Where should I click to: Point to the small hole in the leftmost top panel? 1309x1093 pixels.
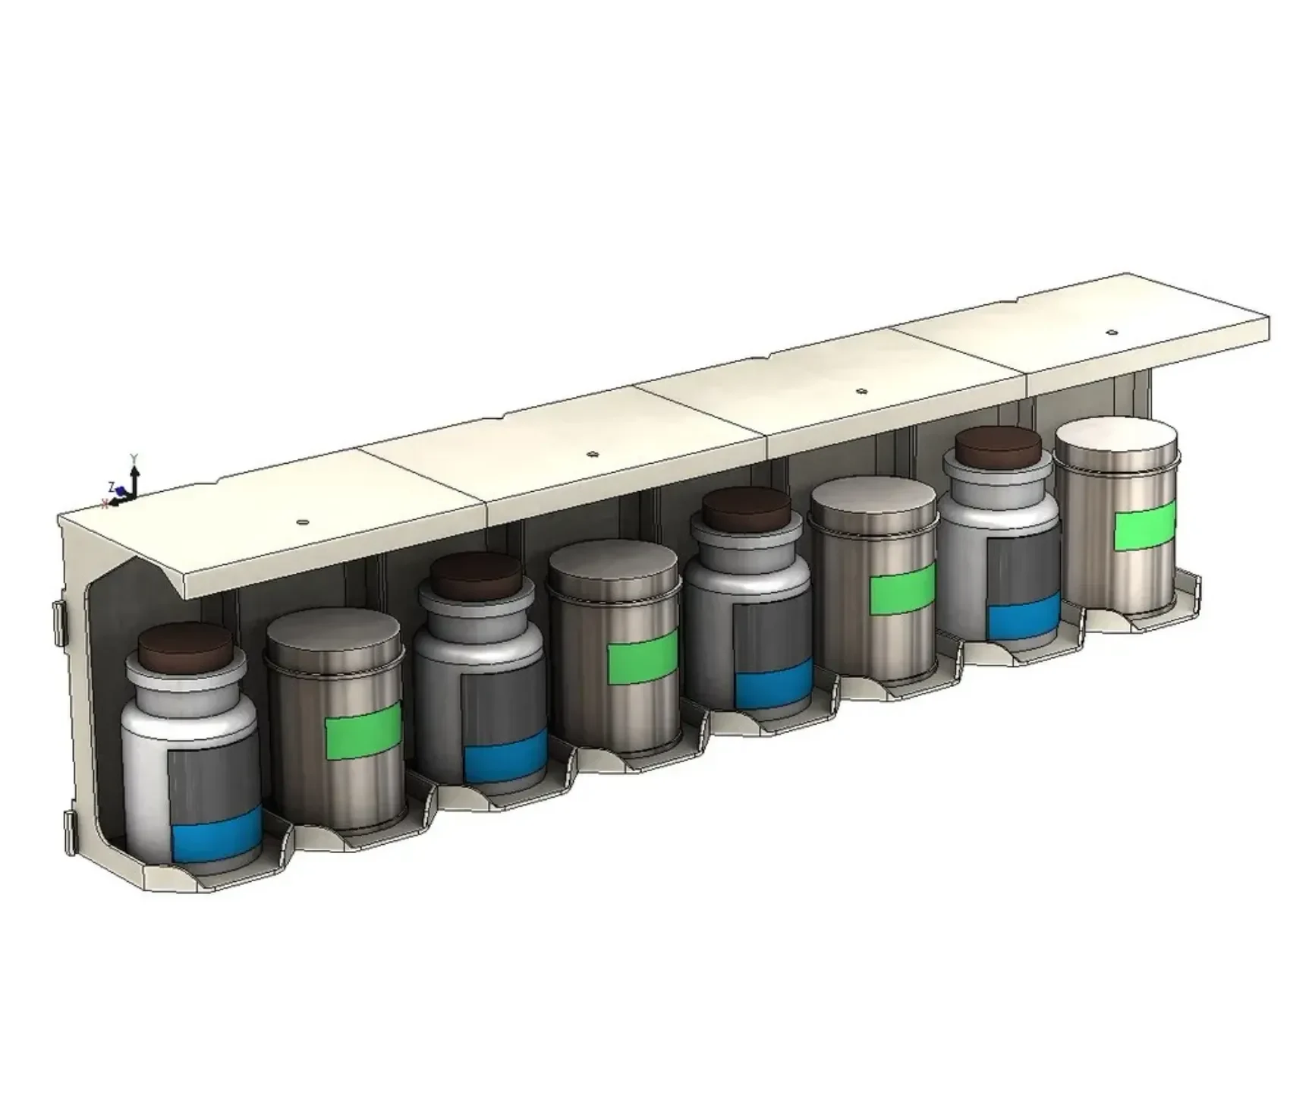click(x=302, y=522)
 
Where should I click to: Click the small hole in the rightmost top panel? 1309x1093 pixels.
click(x=1112, y=332)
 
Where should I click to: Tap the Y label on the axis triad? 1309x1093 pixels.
click(x=134, y=458)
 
